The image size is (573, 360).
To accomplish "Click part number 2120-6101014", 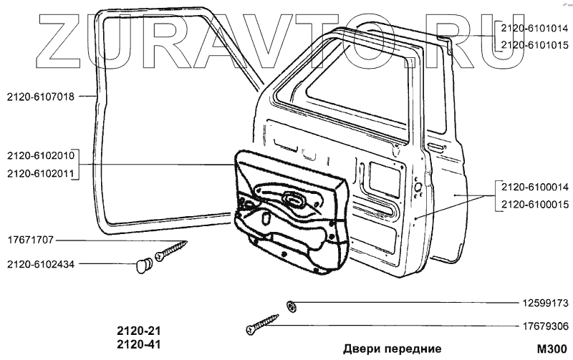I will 534,29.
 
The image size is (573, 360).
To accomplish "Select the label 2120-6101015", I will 534,44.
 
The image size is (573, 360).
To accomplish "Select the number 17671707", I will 30,240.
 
